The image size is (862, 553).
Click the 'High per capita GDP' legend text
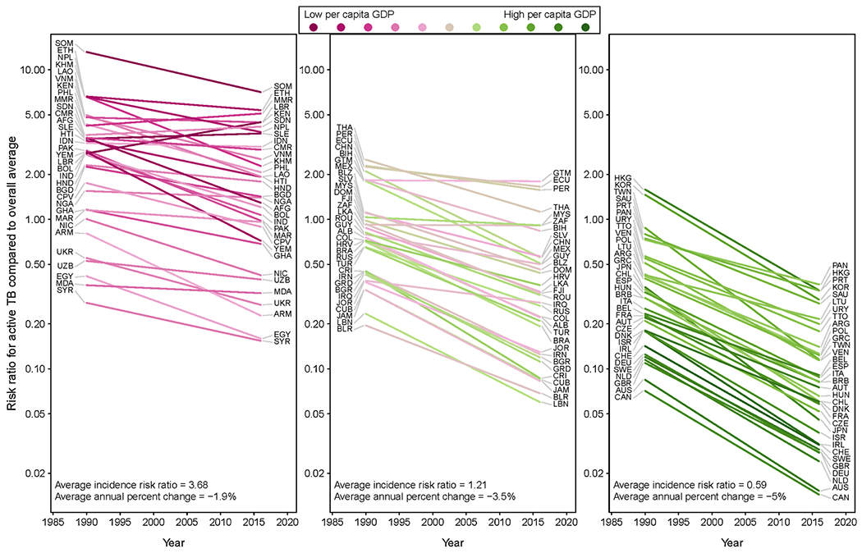(x=549, y=14)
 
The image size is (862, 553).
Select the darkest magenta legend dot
(x=314, y=28)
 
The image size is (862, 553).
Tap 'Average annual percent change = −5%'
(x=689, y=496)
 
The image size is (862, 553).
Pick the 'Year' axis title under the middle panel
(x=452, y=543)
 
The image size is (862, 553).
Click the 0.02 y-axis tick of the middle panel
(x=316, y=473)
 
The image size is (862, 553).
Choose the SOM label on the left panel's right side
(x=283, y=86)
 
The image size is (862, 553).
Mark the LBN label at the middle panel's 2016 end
(x=562, y=404)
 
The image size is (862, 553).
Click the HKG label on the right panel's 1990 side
(x=622, y=177)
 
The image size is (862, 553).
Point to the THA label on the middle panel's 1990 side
(x=344, y=126)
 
